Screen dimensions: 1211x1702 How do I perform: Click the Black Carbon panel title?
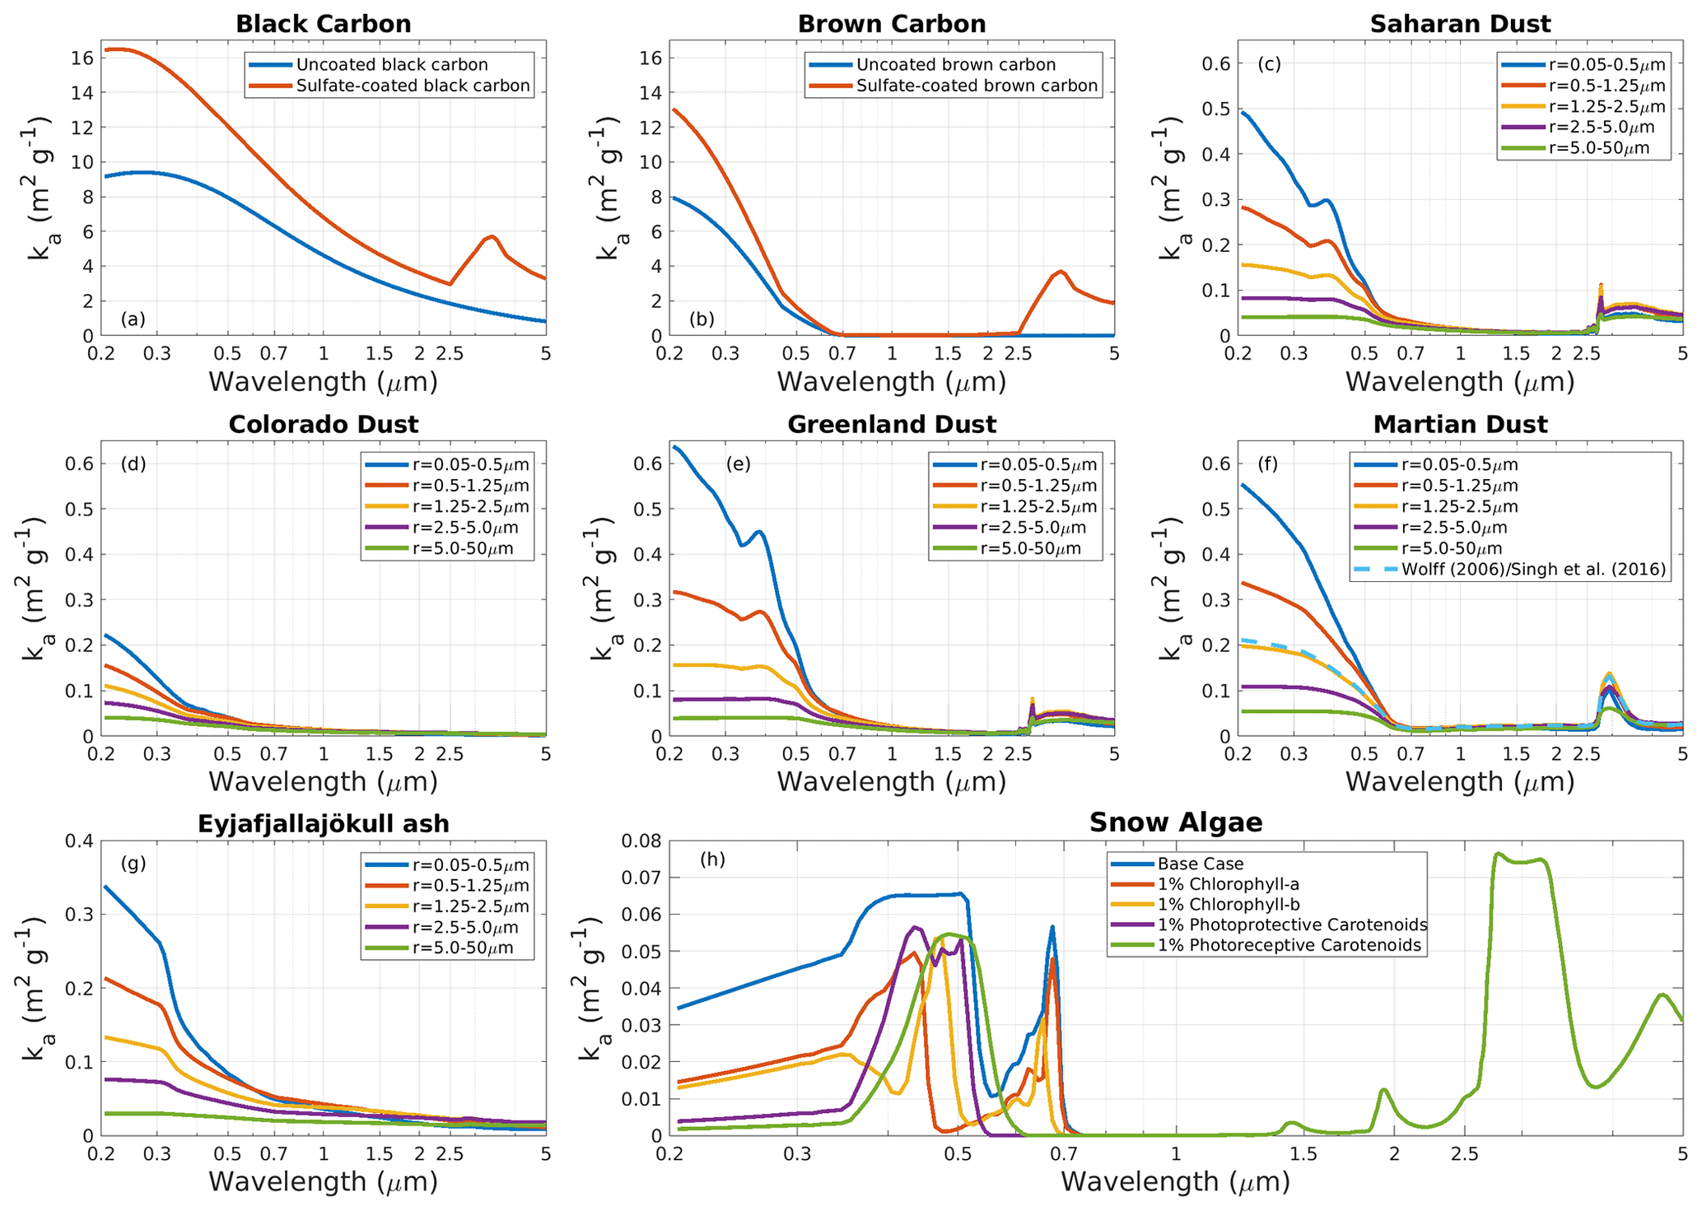[x=323, y=24]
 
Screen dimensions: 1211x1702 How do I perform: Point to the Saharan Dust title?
[x=1460, y=24]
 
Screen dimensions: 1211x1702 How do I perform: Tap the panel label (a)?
[x=133, y=319]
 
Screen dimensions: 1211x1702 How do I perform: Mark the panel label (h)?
[x=712, y=859]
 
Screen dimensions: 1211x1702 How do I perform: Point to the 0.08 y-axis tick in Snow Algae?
[x=639, y=841]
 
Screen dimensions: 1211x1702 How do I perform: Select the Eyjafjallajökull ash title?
[x=323, y=824]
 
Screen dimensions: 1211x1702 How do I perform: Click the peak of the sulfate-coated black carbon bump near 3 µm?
[x=492, y=236]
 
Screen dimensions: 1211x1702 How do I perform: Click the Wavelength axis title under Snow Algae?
[x=1175, y=1181]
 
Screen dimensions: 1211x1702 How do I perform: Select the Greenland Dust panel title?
[x=892, y=424]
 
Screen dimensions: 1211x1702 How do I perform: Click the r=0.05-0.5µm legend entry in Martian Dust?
[x=1459, y=464]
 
